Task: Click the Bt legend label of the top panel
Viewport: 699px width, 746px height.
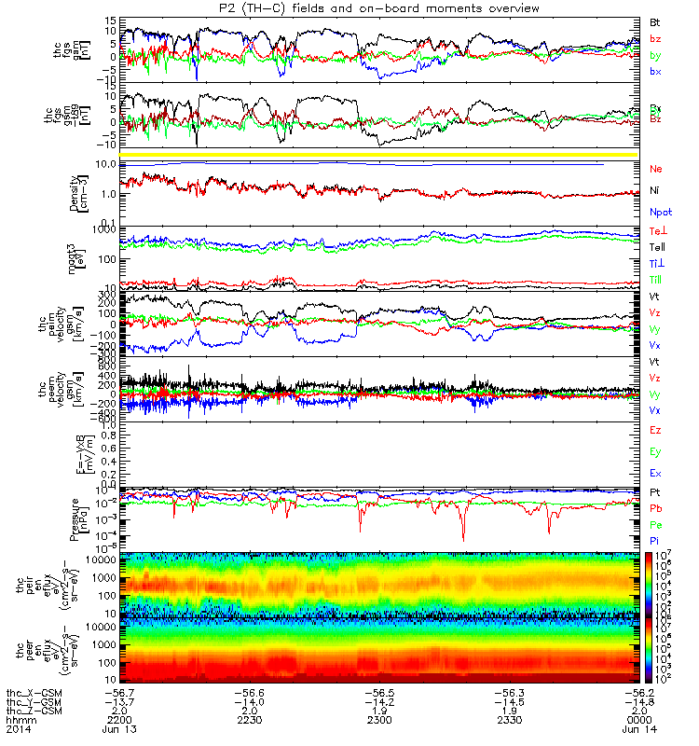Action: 655,21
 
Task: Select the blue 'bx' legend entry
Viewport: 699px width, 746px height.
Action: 655,72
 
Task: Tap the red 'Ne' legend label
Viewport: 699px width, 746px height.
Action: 655,169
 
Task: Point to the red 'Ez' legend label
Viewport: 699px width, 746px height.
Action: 655,430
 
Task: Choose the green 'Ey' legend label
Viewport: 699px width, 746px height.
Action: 655,452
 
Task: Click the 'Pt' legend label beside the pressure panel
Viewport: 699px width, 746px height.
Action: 655,491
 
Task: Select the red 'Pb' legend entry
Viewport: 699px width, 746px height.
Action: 655,508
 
